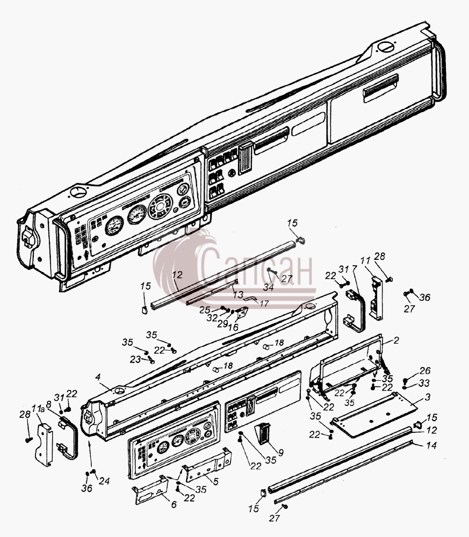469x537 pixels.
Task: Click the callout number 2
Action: (396, 340)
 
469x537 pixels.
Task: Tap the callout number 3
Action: (427, 397)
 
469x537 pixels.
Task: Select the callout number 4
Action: (98, 377)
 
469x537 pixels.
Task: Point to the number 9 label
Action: (281, 452)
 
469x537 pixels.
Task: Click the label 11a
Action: (38, 408)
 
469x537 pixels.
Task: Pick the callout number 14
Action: (431, 445)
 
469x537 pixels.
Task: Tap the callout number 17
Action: (264, 303)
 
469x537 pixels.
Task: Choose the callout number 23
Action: (135, 359)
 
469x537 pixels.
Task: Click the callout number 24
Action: (104, 481)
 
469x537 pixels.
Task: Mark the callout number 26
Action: (425, 371)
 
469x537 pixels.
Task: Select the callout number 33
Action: (424, 383)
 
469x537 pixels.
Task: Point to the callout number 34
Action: (268, 287)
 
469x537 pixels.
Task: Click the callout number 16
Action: (233, 327)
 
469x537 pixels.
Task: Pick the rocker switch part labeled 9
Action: (263, 433)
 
